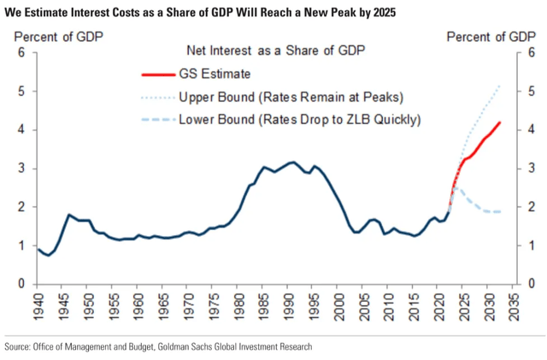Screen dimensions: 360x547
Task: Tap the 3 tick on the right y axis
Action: coord(532,168)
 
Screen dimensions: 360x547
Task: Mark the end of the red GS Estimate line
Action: coord(501,122)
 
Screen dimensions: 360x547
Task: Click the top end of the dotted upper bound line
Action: coord(501,85)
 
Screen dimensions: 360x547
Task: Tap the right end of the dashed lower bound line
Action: coord(501,212)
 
